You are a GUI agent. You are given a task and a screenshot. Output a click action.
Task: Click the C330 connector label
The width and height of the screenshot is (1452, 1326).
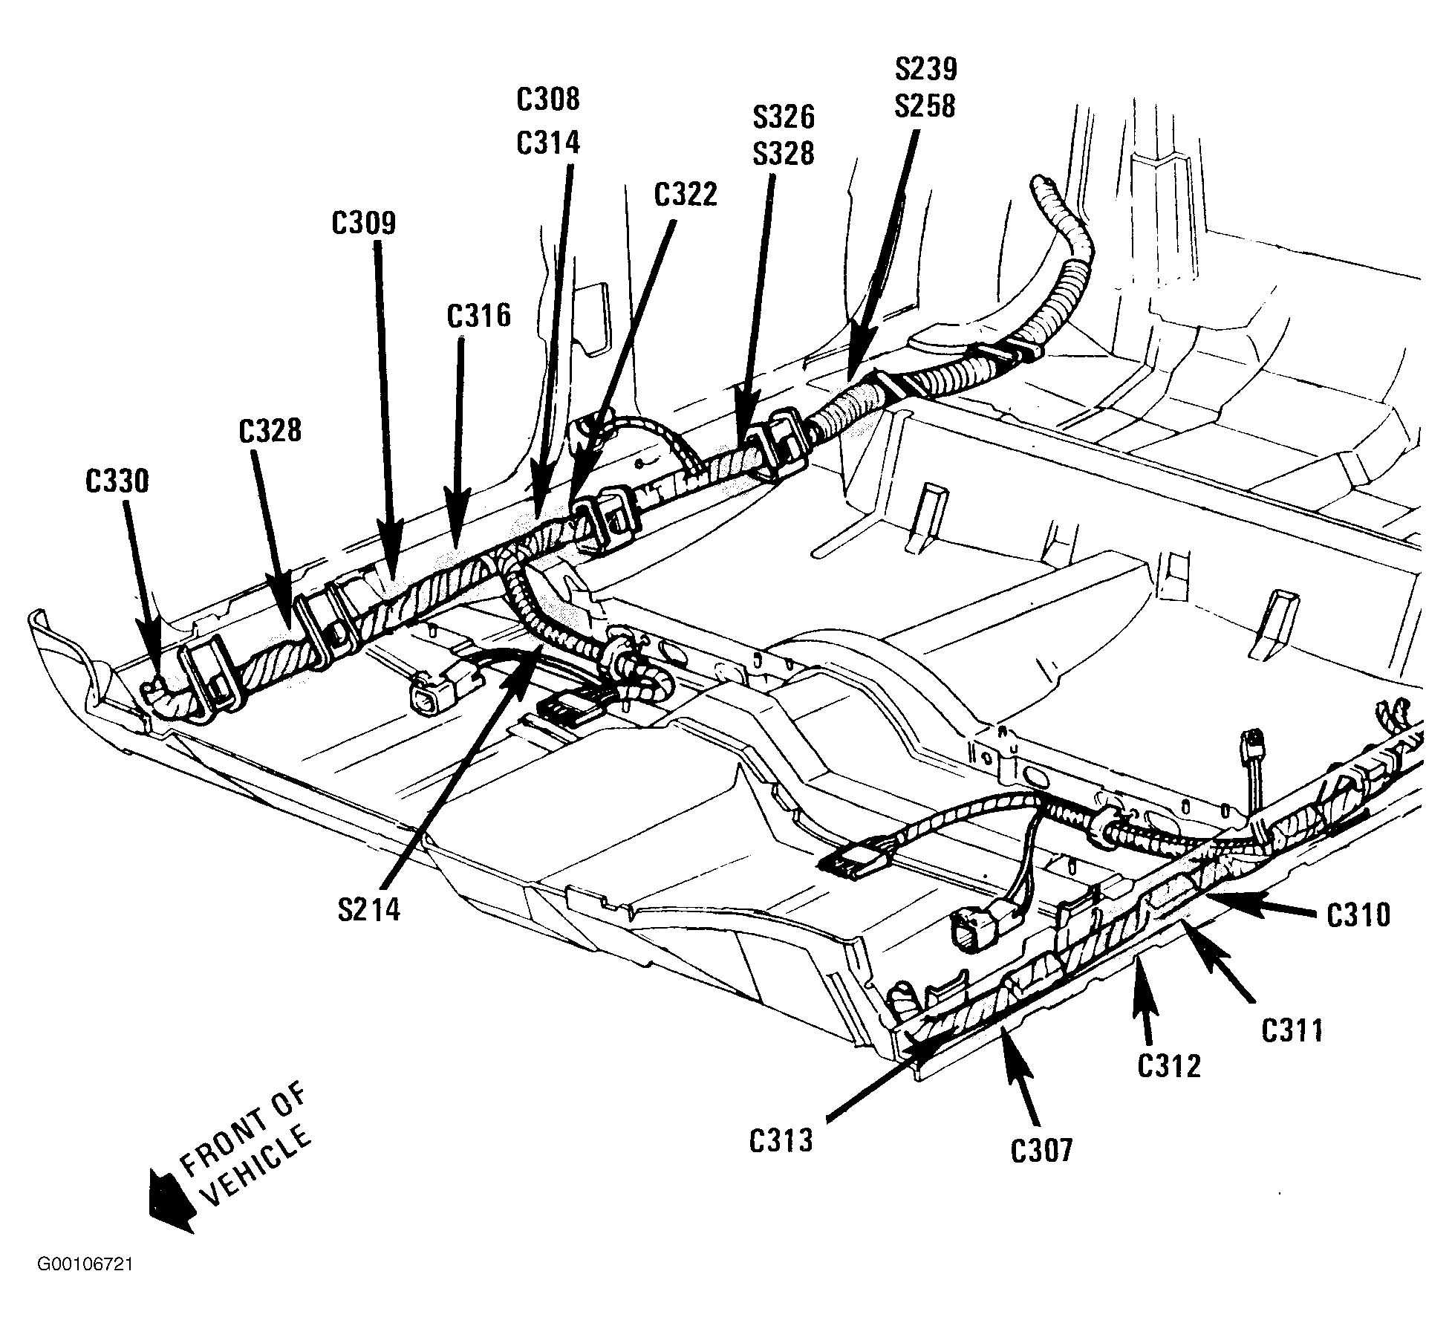[x=117, y=481]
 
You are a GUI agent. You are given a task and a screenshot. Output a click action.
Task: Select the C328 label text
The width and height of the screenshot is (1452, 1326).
[x=270, y=430]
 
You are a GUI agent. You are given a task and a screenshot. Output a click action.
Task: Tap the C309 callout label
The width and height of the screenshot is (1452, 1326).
[x=364, y=224]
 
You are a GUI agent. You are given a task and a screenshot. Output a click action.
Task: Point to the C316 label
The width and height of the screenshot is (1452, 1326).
[x=479, y=316]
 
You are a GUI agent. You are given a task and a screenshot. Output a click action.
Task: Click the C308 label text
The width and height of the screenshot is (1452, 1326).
[x=548, y=100]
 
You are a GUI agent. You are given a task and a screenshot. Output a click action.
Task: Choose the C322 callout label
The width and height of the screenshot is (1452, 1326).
[x=686, y=195]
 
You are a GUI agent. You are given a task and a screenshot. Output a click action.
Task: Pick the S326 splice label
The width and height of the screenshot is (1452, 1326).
[x=783, y=117]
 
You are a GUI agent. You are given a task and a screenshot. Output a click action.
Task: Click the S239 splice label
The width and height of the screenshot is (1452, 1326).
[x=925, y=69]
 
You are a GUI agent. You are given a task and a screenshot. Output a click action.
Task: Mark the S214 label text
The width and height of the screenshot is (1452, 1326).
[x=369, y=909]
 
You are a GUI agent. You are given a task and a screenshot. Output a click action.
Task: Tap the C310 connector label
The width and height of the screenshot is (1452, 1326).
[x=1358, y=915]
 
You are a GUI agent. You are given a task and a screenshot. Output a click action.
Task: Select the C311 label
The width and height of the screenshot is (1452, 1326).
[x=1293, y=1030]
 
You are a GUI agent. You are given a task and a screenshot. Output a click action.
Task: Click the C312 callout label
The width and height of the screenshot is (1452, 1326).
[x=1169, y=1066]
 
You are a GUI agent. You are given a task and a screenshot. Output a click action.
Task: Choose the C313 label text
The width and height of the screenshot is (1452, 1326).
[x=781, y=1140]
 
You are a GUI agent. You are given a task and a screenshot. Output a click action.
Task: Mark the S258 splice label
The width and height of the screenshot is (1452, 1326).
[x=925, y=106]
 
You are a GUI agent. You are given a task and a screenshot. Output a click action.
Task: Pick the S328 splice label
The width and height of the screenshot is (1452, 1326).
[x=783, y=154]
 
